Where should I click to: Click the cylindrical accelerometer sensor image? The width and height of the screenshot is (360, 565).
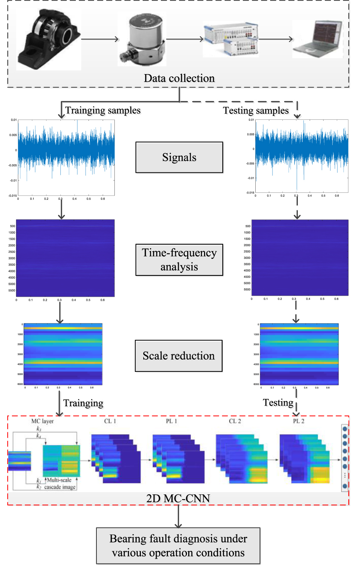click(142, 39)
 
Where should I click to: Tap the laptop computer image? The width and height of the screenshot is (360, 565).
click(318, 39)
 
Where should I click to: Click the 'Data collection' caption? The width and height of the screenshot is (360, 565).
click(179, 78)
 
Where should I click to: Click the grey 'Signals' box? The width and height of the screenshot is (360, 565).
click(179, 157)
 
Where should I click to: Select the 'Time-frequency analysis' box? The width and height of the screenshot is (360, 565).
click(179, 260)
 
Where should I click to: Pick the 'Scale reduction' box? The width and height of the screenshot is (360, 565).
click(178, 356)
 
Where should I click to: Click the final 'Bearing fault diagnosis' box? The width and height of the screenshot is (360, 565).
click(178, 545)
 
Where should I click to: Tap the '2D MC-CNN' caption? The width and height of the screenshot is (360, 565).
click(178, 498)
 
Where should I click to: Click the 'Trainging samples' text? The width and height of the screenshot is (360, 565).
click(103, 110)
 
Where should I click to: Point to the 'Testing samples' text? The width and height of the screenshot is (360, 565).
click(256, 110)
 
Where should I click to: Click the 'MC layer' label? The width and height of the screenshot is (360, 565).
click(42, 421)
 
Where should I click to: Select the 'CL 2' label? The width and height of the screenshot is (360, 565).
click(235, 421)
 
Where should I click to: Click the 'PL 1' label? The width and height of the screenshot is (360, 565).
click(171, 421)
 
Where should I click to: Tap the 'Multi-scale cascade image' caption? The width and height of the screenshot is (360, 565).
click(60, 484)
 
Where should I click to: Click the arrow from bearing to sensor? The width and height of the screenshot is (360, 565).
click(100, 39)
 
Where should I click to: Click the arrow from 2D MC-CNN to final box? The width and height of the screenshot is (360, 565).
click(178, 516)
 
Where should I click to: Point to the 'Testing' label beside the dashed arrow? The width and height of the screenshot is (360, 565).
click(278, 402)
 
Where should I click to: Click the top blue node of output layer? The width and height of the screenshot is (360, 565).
click(345, 429)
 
